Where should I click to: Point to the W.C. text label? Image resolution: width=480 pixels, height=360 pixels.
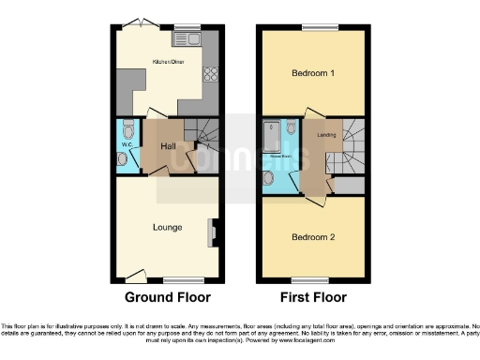[x=126, y=145]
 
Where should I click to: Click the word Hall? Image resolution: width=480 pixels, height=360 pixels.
[x=168, y=147]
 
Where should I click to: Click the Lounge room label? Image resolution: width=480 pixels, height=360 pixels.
[x=168, y=227]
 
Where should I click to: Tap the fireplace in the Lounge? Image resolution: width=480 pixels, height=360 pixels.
[x=215, y=228]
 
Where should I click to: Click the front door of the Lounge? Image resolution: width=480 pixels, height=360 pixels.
[x=137, y=277]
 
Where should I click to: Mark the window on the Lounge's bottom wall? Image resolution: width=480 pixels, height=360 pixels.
[x=178, y=279]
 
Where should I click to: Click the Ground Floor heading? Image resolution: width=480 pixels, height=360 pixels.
[x=169, y=298]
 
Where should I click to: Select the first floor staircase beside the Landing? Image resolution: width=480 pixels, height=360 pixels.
[x=352, y=146]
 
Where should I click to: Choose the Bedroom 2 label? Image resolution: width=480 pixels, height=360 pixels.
[x=313, y=237]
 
